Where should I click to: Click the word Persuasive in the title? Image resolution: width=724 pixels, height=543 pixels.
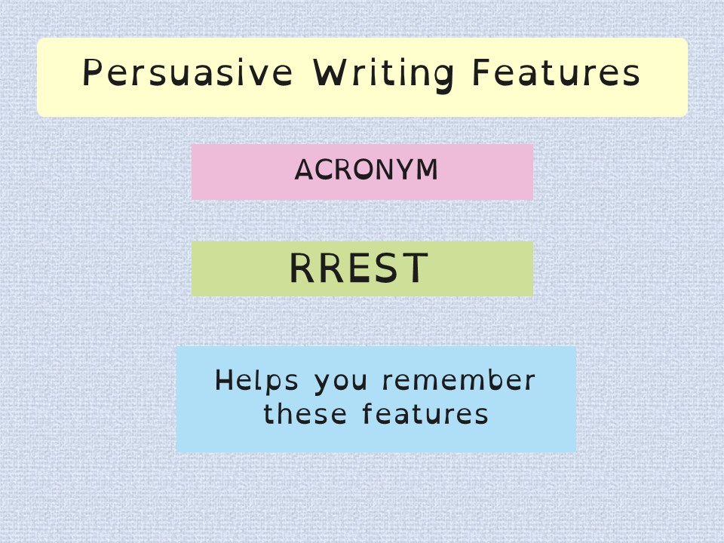[x=188, y=72]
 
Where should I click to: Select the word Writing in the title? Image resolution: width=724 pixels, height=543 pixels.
[x=383, y=75]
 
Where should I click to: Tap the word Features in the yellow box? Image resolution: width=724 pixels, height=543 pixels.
[x=557, y=72]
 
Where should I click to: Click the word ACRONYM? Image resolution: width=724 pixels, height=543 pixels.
[x=367, y=170]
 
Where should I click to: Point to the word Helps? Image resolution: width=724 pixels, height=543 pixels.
[x=256, y=380]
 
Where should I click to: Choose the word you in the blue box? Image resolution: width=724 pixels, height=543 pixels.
[x=341, y=383]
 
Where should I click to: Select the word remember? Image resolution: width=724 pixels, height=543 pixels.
[x=459, y=380]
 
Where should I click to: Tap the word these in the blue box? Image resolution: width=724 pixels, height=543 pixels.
[x=305, y=413]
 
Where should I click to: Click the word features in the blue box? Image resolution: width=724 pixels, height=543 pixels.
[x=425, y=413]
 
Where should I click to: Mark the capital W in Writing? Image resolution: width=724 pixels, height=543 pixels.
[x=330, y=72]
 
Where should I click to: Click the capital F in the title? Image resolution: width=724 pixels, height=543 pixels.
[x=481, y=72]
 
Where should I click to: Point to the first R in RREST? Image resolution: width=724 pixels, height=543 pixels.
[x=302, y=268]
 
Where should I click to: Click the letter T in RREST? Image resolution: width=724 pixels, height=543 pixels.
[x=415, y=268]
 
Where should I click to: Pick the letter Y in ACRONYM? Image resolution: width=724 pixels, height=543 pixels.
[x=405, y=170]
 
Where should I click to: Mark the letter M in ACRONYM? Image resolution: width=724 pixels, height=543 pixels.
[x=427, y=170]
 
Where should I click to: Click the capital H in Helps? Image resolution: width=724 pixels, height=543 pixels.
[x=225, y=380]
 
